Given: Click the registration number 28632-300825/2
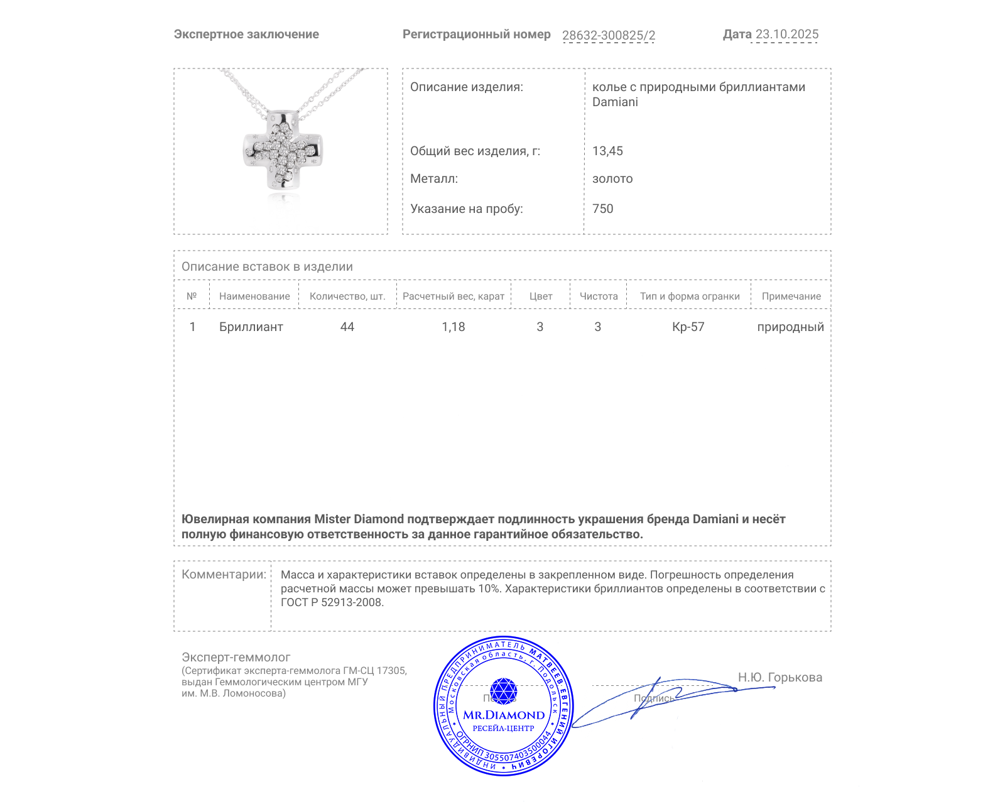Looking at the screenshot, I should pos(608,35).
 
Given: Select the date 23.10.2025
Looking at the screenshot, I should pos(786,34).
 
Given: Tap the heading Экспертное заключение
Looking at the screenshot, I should pos(246,34).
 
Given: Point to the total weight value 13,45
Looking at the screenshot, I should pos(607,151).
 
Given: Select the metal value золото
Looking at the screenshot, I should pos(612,178).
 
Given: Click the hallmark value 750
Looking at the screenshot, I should pos(602,209).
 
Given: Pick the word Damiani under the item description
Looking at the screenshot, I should pos(615,102).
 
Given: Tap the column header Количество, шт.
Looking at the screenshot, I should pos(347,296).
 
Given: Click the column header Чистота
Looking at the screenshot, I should pos(599,296).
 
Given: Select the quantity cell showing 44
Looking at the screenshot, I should pos(347,327).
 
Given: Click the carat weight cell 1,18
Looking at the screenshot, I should pos(454,327).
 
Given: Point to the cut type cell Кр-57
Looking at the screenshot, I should pos(688,327).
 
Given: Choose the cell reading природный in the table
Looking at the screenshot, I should pos(790,327).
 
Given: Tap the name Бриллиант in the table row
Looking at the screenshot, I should pos(251,327).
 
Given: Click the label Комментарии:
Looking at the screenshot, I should pos(224,574).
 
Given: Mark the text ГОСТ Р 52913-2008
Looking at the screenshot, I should pos(332,602).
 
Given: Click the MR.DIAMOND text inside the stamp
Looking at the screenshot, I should pos(504,715).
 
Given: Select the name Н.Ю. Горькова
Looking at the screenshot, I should pos(780,677).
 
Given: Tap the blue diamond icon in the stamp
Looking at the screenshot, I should pos(503,690).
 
